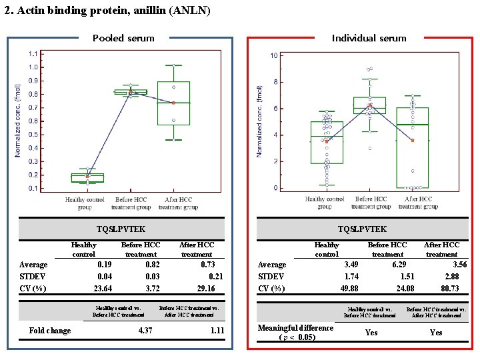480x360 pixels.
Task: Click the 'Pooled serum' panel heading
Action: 123,38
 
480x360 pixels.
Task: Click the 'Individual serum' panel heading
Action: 369,38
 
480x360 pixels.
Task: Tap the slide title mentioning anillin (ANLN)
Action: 107,11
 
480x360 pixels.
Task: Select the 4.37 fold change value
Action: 145,330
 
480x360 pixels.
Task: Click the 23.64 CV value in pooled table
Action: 103,289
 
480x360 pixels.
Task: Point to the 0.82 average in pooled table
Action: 151,265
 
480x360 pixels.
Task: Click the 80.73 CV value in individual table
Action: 450,289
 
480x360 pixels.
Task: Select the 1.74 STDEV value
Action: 351,277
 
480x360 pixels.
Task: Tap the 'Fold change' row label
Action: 50,330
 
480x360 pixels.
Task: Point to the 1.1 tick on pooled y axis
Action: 33,53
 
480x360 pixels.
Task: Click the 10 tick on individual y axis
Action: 274,56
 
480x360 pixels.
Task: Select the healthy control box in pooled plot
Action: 87,177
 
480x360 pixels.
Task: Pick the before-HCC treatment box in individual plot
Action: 369,105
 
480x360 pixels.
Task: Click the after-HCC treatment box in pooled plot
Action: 173,103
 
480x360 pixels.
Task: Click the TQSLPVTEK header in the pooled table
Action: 121,229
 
